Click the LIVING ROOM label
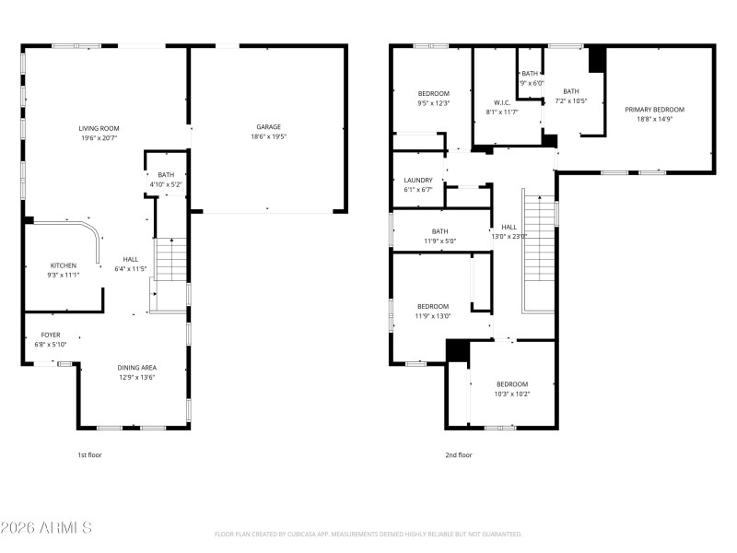[x=100, y=128]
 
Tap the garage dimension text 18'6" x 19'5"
[x=268, y=137]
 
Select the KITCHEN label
[x=64, y=265]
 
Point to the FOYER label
[x=51, y=335]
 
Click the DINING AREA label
[x=136, y=367]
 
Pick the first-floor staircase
[x=170, y=261]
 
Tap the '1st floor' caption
[x=89, y=454]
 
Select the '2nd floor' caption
[x=458, y=454]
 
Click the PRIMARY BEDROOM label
[x=655, y=110]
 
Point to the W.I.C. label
[x=502, y=102]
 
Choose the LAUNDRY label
[x=418, y=180]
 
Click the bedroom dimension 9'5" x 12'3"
[x=433, y=103]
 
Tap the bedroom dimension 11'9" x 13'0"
[x=433, y=316]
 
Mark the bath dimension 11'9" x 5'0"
[x=439, y=241]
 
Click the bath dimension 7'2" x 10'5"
[x=571, y=100]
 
